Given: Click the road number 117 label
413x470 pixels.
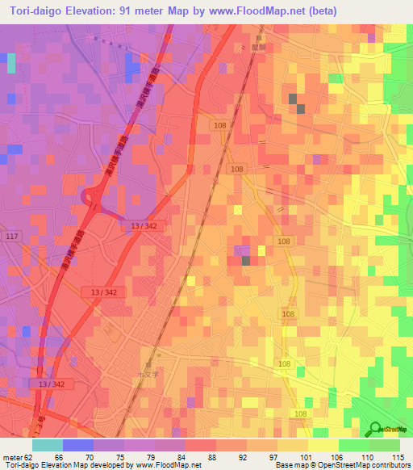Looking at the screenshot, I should [x=11, y=236].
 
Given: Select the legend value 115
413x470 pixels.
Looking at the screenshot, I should [x=396, y=456].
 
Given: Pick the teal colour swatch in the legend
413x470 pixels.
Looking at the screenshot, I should [x=48, y=445].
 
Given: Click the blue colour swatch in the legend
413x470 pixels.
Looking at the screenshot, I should [x=78, y=445].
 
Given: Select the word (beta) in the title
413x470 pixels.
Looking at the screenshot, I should [x=318, y=10].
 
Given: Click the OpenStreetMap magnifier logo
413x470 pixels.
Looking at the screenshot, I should [x=377, y=430].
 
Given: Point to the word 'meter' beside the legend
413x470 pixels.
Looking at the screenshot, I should [x=13, y=456].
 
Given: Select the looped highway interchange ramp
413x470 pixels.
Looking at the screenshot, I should [x=90, y=196].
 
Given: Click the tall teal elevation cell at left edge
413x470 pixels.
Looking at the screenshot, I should [x=11, y=64].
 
